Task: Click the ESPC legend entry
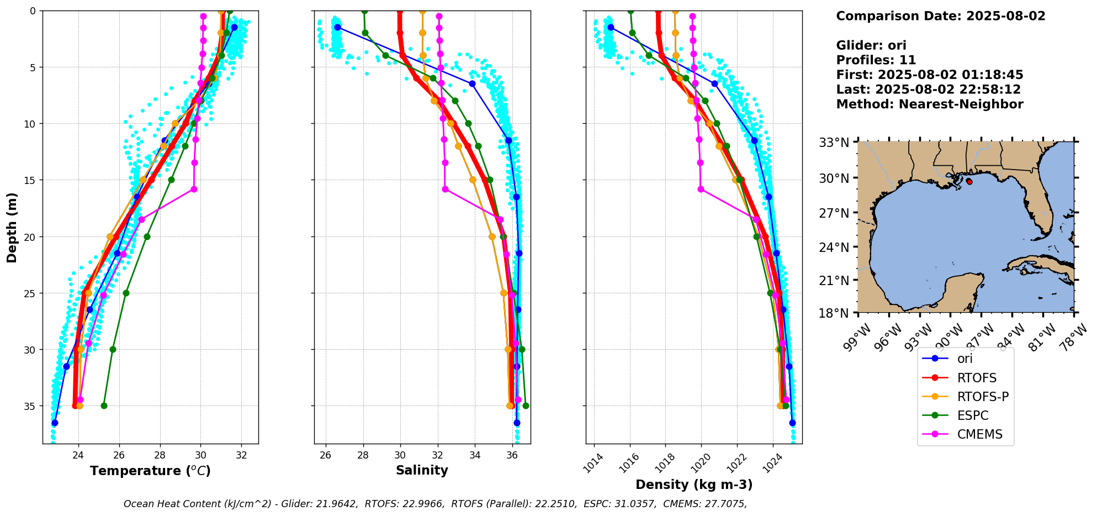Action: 972,415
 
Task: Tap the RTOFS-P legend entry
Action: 983,397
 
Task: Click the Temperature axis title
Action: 150,471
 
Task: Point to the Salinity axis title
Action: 422,470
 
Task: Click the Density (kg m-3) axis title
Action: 694,485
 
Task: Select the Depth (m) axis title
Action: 12,227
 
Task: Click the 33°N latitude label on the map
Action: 834,143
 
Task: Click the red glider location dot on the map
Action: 969,181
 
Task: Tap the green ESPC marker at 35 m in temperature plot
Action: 104,406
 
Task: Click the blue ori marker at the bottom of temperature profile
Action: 55,423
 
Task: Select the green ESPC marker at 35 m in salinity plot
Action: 526,406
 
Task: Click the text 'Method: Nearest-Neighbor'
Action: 929,104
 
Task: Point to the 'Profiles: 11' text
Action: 876,60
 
